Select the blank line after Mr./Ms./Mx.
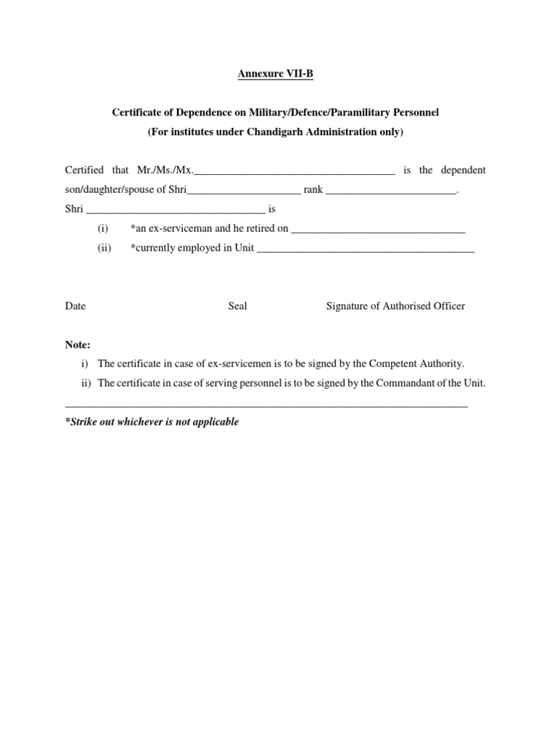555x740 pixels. tap(294, 171)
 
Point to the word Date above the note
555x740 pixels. tap(75, 306)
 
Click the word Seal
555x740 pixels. tap(238, 306)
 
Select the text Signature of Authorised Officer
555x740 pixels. tap(395, 306)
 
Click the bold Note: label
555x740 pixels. tap(78, 345)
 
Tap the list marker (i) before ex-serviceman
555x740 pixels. tap(103, 228)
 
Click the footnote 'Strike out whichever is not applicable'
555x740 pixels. tap(152, 421)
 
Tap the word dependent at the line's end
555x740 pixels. tap(463, 171)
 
